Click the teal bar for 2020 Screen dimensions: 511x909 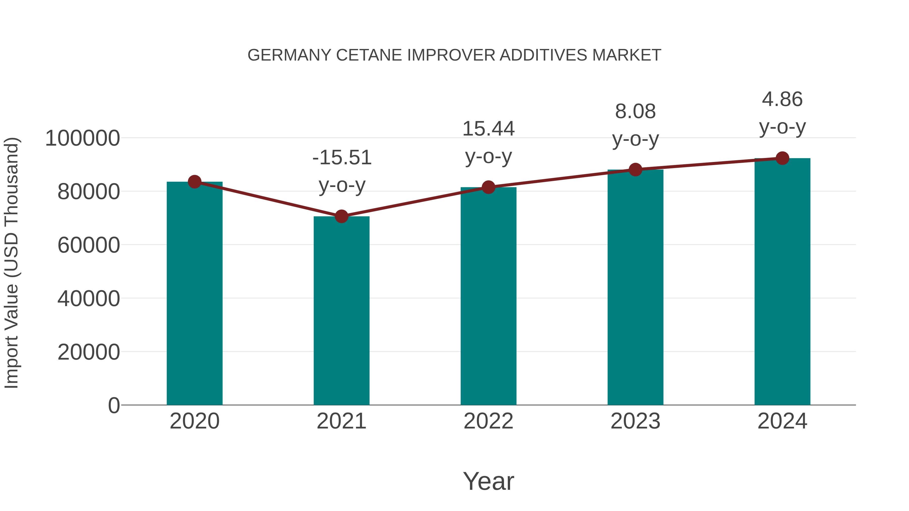(x=194, y=293)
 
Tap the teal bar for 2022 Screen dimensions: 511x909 (x=488, y=296)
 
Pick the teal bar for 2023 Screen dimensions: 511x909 (x=635, y=287)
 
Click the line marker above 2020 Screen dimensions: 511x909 (x=194, y=182)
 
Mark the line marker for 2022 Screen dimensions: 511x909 (x=488, y=187)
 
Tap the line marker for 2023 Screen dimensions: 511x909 (x=635, y=170)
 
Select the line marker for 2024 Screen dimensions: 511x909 (x=782, y=158)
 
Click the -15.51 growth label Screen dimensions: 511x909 (x=342, y=158)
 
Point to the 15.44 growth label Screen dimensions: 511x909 (x=488, y=129)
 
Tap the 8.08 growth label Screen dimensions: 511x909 (x=635, y=112)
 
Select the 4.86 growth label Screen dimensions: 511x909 (x=782, y=99)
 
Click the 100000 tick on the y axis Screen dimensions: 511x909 (x=83, y=138)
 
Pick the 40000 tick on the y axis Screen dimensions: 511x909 (x=89, y=299)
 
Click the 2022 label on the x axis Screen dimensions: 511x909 (x=488, y=421)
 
